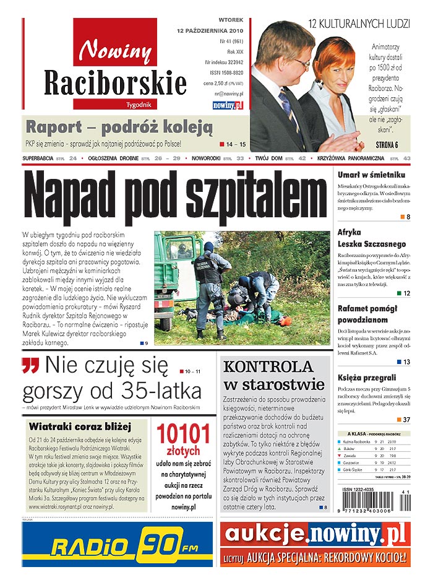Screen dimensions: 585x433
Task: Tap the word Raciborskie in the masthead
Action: (115, 82)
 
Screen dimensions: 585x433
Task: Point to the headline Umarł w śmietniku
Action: (371, 175)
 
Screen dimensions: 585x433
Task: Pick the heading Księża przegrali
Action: (367, 378)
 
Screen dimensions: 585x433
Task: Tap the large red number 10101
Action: (182, 434)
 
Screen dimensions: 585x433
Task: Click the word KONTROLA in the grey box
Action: (268, 366)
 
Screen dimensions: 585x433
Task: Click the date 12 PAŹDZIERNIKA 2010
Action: (210, 30)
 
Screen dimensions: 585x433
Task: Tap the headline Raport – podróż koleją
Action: (119, 128)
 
